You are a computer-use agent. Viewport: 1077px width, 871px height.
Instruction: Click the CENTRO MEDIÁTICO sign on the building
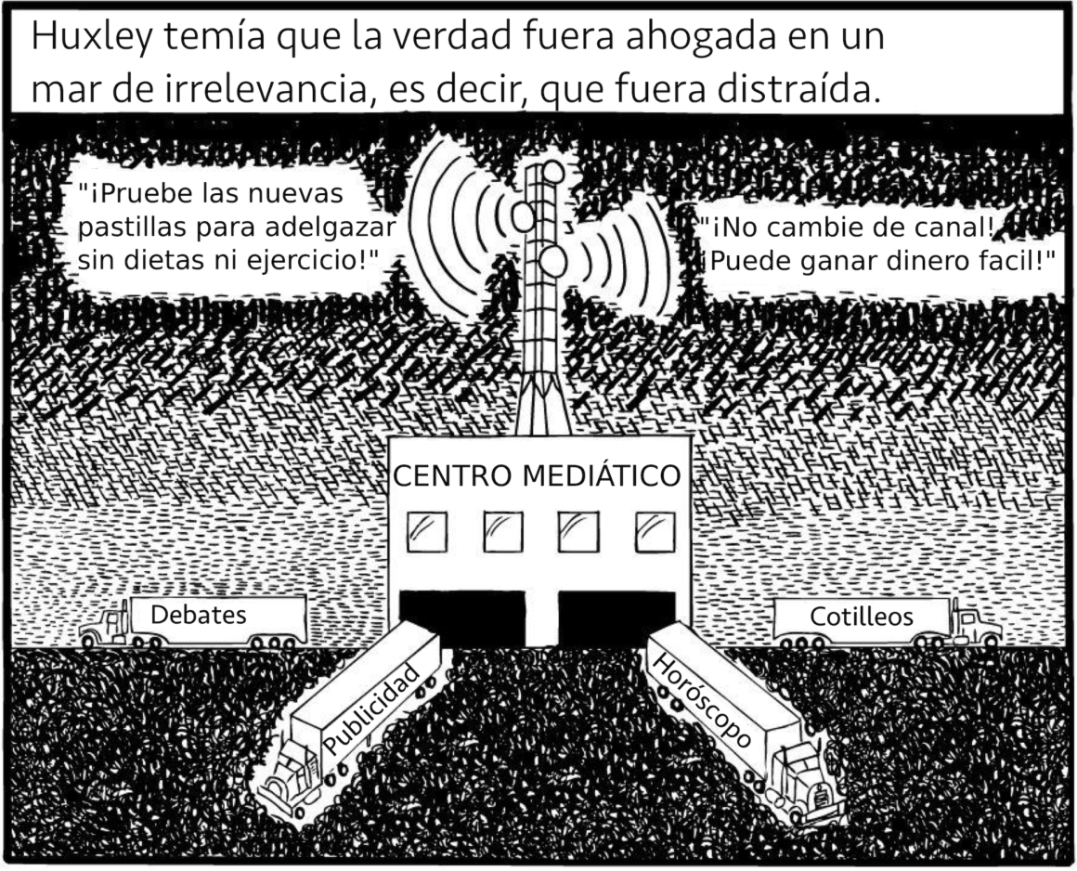[538, 475]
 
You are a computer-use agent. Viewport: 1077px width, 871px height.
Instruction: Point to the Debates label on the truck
[198, 615]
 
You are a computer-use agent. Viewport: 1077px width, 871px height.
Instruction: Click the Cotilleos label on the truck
[862, 617]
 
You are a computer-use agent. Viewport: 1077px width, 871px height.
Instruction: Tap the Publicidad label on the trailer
[371, 709]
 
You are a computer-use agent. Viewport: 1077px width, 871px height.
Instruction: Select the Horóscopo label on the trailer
[702, 701]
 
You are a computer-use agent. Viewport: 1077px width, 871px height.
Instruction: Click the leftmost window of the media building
[426, 532]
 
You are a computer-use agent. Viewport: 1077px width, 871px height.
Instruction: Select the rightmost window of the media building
[655, 532]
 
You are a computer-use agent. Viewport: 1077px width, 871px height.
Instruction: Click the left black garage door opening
[461, 615]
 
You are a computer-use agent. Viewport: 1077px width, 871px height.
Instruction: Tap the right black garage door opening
[616, 614]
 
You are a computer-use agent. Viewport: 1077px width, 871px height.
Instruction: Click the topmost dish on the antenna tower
[553, 172]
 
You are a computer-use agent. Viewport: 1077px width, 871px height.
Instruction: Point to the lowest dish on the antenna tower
[552, 261]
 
